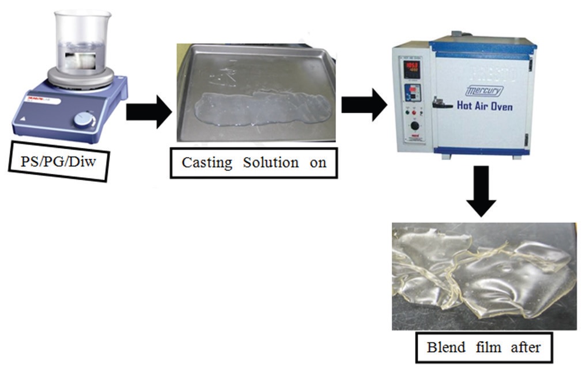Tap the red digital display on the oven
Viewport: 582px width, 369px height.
pos(412,67)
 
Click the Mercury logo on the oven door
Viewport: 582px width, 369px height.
pos(485,91)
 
